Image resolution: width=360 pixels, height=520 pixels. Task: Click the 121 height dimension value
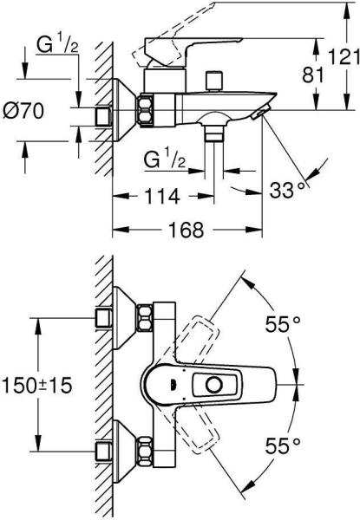[344, 56]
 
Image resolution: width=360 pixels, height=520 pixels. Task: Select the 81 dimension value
[312, 75]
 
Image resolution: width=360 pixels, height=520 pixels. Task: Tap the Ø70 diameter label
[23, 110]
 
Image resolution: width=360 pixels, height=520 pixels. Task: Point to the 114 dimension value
[162, 197]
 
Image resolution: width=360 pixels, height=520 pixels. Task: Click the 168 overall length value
[187, 230]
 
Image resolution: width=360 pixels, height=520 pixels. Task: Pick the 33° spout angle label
[286, 190]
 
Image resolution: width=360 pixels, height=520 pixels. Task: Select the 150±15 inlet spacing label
[36, 386]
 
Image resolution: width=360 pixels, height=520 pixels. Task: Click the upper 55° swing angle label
[283, 323]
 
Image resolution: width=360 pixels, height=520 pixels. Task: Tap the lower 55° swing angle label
[283, 445]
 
